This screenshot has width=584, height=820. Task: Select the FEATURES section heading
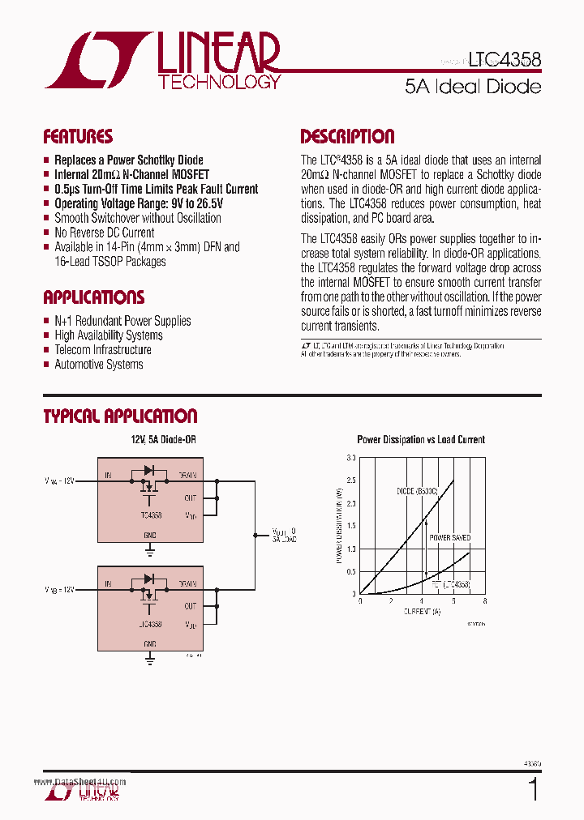click(x=78, y=136)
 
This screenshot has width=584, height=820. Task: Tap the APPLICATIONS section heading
click(x=93, y=297)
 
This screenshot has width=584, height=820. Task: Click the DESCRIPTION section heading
click(x=347, y=136)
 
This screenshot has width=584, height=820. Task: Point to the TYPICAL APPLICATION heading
click(x=120, y=416)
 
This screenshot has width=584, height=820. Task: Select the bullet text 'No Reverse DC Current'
click(x=104, y=233)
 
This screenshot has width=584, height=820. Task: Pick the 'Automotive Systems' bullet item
click(x=98, y=365)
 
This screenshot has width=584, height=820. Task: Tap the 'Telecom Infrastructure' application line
click(x=102, y=350)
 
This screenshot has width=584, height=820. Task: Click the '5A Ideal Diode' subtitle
click(x=473, y=86)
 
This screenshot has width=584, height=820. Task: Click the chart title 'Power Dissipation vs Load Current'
click(x=421, y=440)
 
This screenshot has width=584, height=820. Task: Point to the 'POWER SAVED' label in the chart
click(x=449, y=538)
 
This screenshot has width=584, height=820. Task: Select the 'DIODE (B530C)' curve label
click(x=417, y=491)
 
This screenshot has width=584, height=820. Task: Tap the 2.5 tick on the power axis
click(x=351, y=480)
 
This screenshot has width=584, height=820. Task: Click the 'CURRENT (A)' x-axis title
click(x=422, y=612)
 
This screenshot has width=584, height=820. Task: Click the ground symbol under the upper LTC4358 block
click(x=150, y=551)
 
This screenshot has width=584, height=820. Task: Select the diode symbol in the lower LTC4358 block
click(x=148, y=579)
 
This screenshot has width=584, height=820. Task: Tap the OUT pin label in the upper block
click(x=190, y=498)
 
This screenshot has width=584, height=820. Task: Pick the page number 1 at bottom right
click(x=533, y=789)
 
